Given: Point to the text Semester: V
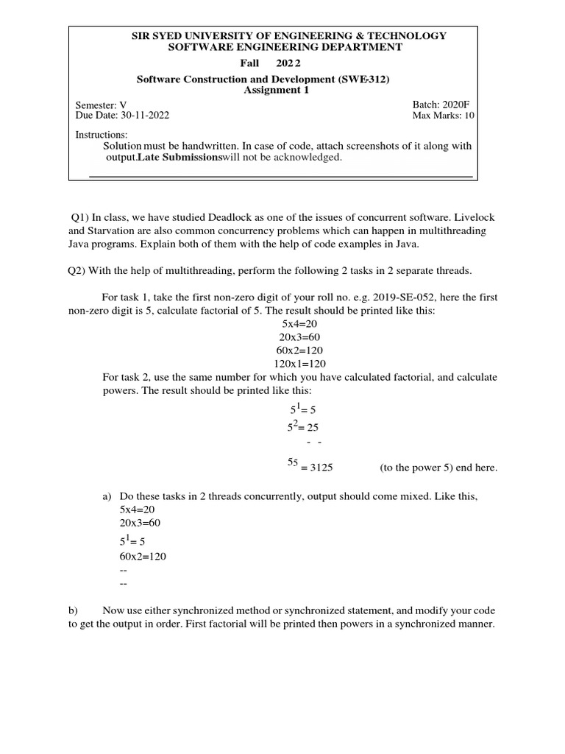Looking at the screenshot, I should pyautogui.click(x=102, y=105).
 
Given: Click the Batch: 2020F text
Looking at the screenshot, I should pyautogui.click(x=444, y=105).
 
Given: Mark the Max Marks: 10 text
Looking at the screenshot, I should pyautogui.click(x=444, y=116).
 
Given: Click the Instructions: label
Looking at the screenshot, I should pyautogui.click(x=102, y=135).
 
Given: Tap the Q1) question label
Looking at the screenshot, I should pyautogui.click(x=79, y=217).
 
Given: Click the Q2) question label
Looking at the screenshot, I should pyautogui.click(x=77, y=270).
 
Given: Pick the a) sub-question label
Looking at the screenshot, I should pyautogui.click(x=107, y=496).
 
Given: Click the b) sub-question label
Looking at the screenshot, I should pyautogui.click(x=73, y=610).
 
